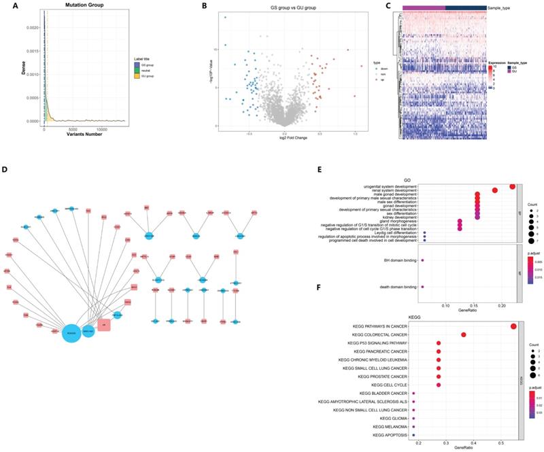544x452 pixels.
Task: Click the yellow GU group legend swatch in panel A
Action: click(x=137, y=76)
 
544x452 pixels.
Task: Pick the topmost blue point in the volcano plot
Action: click(x=224, y=17)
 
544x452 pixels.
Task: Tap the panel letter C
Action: click(x=388, y=7)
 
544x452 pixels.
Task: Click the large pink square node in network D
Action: click(x=105, y=326)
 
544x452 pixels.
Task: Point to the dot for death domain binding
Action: click(x=423, y=288)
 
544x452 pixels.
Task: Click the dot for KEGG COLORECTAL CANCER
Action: click(x=464, y=335)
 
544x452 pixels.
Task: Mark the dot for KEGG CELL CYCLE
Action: click(x=439, y=385)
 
